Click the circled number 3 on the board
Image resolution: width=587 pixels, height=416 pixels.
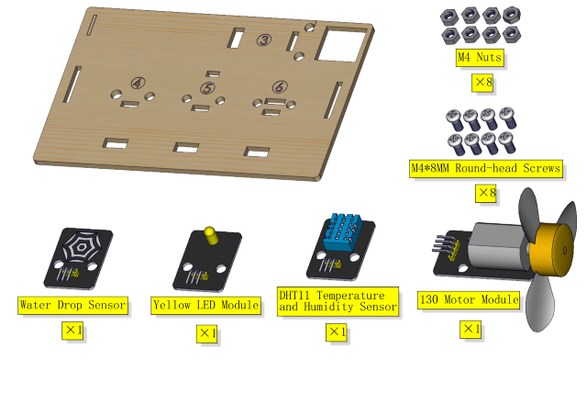264,39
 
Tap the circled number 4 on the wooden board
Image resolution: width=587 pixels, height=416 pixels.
138,83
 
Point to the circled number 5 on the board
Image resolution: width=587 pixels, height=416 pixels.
207,88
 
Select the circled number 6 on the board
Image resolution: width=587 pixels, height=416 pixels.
280,87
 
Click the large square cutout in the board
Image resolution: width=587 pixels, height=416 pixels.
341,44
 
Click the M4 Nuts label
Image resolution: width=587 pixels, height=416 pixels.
480,58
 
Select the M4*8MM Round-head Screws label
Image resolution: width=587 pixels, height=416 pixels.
486,168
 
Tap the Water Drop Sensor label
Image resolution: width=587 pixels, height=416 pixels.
72,305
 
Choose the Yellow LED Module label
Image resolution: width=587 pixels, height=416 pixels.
205,305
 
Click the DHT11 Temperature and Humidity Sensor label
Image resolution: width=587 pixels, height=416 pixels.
338,301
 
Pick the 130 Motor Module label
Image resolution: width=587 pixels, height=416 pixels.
469,299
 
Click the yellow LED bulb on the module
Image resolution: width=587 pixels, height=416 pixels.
211,235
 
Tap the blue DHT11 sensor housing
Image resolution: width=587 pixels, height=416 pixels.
342,231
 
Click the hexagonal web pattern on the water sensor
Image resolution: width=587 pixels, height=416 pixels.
82,247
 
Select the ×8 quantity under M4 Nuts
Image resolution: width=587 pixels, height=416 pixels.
482,82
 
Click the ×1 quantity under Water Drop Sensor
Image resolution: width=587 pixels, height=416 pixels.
72,331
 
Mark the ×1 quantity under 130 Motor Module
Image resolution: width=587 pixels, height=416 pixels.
471,330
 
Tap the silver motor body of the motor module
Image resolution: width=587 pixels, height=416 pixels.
498,246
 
